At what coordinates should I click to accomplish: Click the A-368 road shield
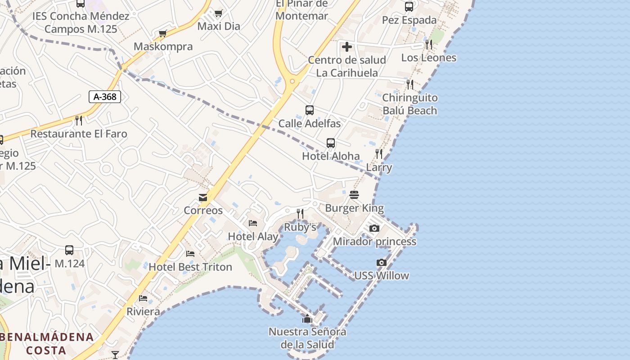tap(105, 97)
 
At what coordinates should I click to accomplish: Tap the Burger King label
tap(354, 208)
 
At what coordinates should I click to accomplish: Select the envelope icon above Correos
tap(203, 198)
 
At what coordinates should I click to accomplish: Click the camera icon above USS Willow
tap(382, 262)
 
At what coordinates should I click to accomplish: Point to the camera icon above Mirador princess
tap(374, 229)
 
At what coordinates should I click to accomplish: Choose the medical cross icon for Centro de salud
tap(347, 46)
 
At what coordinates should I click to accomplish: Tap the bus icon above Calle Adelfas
tap(310, 110)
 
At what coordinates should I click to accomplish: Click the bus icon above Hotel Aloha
tap(331, 143)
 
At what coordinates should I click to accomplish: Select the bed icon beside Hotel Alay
tap(253, 223)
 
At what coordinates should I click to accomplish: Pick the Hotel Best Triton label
tap(190, 267)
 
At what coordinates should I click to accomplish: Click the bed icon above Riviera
tap(143, 298)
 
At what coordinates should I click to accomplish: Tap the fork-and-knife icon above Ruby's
tap(300, 213)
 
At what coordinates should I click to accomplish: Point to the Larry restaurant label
tap(379, 168)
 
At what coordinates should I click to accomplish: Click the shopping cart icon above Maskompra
tap(163, 34)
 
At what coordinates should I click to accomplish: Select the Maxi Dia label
tap(219, 26)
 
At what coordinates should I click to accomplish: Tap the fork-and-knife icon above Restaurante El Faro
tap(79, 120)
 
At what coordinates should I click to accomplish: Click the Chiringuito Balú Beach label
tap(409, 104)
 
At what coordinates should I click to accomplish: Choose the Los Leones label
tap(428, 58)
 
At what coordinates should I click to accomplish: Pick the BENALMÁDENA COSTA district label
tap(47, 343)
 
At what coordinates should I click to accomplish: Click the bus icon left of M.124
tap(69, 250)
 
